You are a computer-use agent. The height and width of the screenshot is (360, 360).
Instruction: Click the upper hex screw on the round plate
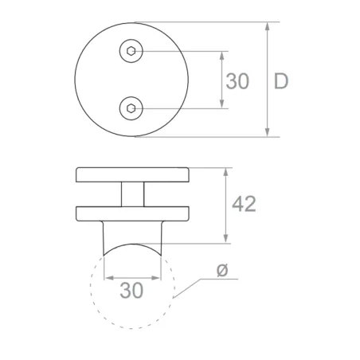(131, 52)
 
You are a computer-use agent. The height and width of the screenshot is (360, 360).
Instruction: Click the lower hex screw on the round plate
(131, 107)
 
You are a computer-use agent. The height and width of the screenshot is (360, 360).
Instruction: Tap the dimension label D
(280, 80)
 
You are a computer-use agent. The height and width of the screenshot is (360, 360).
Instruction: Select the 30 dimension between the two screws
(237, 80)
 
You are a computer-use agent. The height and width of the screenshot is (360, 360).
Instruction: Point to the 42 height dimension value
(243, 204)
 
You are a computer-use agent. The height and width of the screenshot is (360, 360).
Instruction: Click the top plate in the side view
(132, 174)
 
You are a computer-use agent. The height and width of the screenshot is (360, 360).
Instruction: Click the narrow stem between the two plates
(132, 194)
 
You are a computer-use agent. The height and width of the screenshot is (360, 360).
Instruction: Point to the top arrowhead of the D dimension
(268, 25)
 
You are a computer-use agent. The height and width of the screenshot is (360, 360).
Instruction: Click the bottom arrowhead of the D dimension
(268, 134)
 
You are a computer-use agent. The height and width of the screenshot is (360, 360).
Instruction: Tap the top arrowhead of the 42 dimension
(228, 171)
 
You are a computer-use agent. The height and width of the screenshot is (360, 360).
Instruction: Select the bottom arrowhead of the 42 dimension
(228, 241)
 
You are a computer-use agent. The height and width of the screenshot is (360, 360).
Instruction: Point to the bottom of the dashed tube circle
(132, 327)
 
